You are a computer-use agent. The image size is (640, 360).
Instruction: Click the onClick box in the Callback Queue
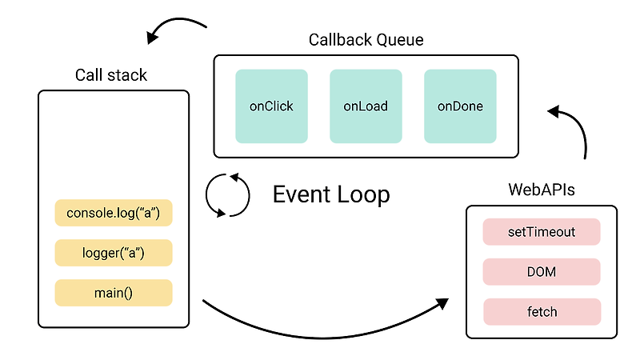(271, 106)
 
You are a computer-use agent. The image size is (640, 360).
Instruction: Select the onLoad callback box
(366, 106)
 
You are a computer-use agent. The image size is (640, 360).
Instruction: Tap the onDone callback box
(460, 106)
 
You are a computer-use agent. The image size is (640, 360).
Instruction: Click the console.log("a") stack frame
(114, 214)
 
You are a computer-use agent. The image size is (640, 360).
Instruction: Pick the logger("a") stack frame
(114, 253)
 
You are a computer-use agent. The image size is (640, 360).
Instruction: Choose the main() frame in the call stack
(114, 293)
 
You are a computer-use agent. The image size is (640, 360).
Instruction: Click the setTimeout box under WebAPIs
(542, 232)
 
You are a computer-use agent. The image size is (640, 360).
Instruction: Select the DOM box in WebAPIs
(542, 272)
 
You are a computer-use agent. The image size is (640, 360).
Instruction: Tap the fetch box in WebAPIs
(542, 311)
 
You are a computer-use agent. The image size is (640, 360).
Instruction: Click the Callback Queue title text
(366, 40)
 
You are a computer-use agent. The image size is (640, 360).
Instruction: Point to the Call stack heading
(111, 75)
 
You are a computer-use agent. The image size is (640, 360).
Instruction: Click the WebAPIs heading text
(542, 190)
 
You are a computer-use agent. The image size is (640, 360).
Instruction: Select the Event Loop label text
(331, 194)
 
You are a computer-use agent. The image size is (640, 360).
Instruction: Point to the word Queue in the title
(401, 40)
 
